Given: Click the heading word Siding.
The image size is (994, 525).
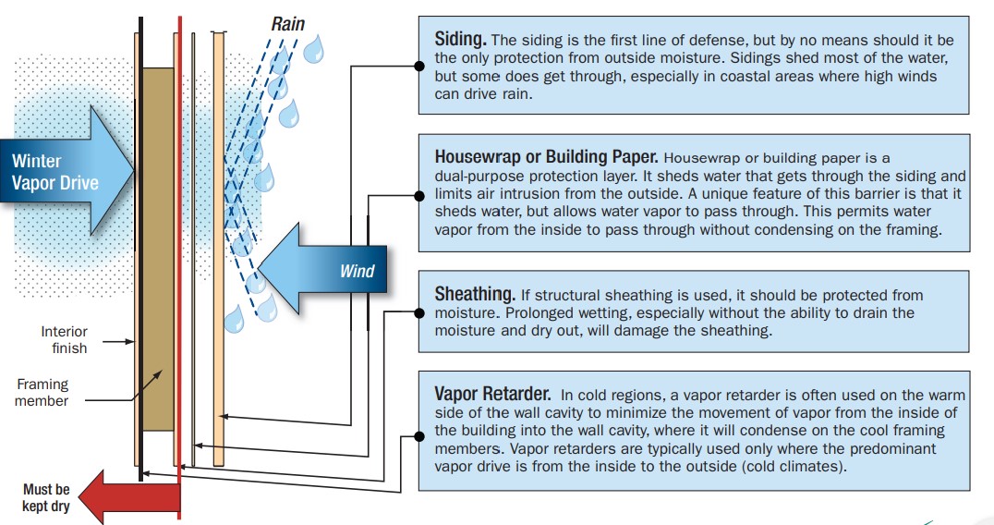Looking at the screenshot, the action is coord(460,40).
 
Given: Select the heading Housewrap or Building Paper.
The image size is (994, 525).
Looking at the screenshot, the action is coord(547,156).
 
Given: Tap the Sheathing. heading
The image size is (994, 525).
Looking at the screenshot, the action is coord(475,294).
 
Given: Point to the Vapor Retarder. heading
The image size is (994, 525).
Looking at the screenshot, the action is coord(492,394).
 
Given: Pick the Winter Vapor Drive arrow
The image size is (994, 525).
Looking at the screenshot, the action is coord(67,171).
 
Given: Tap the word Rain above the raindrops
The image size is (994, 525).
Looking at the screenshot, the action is coord(288,24).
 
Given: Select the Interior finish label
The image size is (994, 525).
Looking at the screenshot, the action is coord(64,340).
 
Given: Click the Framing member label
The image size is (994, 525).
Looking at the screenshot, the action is coord(42,393).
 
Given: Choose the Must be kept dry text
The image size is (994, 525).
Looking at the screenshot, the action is coord(45,498).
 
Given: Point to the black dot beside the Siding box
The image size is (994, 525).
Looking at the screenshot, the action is coord(419,66).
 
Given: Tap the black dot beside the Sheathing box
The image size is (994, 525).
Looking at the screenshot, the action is coord(419,312).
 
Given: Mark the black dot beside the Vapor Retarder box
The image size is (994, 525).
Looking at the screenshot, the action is coord(419,436).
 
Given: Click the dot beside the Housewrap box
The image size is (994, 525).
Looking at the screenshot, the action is coord(419,196).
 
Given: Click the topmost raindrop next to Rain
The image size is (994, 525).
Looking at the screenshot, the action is coord(313,50).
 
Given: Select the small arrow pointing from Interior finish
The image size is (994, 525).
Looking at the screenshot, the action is coord(118,342).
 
